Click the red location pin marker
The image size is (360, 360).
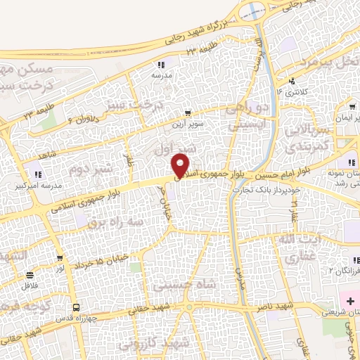pyautogui.click(x=181, y=165)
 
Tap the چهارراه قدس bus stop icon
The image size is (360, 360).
pyautogui.click(x=77, y=307)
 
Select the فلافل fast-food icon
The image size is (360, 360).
pyautogui.click(x=30, y=275)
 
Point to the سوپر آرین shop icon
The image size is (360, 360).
pyautogui.click(x=187, y=112)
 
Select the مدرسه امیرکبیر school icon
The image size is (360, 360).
pyautogui.click(x=37, y=175)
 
